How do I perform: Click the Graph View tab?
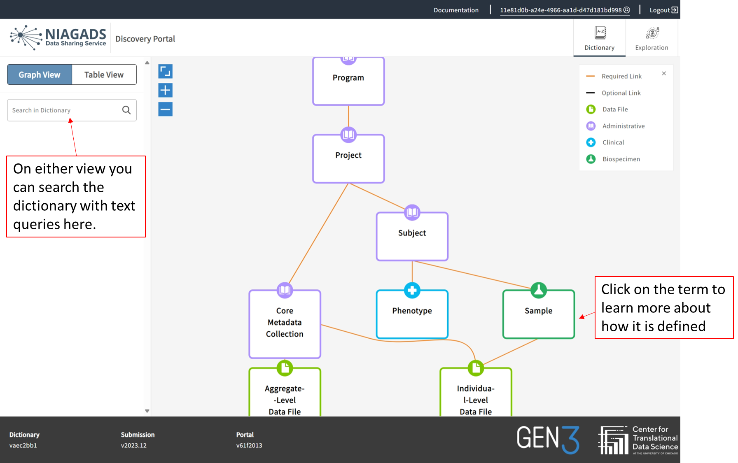tap(40, 74)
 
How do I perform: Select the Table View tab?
tap(104, 74)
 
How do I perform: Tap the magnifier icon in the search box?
tap(126, 110)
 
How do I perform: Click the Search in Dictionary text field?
tap(64, 110)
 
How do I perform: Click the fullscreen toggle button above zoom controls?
tap(165, 71)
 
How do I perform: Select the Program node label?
tap(348, 78)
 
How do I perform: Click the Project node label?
tap(348, 155)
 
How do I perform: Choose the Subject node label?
tap(412, 233)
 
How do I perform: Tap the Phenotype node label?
tap(412, 311)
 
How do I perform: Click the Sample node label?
tap(538, 311)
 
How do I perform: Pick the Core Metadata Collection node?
tap(285, 323)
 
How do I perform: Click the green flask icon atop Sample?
tap(538, 290)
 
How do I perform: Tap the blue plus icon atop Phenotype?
tap(412, 290)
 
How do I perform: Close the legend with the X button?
tap(664, 74)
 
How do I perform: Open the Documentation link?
tap(456, 10)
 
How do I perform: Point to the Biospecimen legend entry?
tap(621, 159)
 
